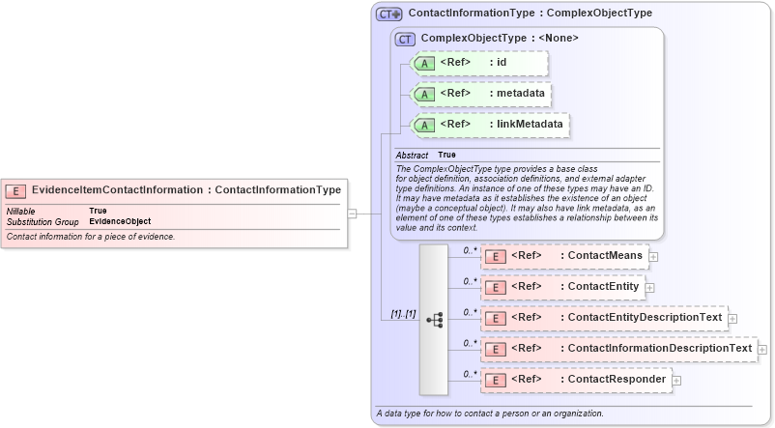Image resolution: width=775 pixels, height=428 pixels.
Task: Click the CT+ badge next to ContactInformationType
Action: (x=388, y=14)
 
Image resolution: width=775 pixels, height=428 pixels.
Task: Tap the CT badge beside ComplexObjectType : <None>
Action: (x=406, y=39)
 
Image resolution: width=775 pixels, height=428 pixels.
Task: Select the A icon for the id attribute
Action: (x=423, y=63)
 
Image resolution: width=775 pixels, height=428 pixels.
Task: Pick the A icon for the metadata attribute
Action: (x=423, y=94)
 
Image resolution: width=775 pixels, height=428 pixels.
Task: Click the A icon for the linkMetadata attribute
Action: (x=423, y=125)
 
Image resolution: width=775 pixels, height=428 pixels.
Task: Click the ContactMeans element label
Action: (x=600, y=256)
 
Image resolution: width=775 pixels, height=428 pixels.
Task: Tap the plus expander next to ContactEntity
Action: (x=649, y=287)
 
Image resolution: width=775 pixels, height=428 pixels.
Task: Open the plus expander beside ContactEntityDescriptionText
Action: (x=732, y=318)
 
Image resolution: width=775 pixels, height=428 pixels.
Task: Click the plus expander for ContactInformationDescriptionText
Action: (x=762, y=349)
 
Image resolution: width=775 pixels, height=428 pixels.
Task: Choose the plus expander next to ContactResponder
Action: (x=676, y=380)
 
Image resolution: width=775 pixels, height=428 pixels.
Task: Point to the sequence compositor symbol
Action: (x=434, y=319)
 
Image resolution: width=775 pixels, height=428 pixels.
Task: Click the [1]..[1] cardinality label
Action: (x=403, y=314)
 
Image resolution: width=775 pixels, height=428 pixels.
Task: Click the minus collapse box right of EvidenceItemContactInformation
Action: (x=353, y=214)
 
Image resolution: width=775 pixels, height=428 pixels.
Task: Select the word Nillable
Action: (x=21, y=211)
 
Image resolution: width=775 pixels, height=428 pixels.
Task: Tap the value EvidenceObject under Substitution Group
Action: (x=120, y=221)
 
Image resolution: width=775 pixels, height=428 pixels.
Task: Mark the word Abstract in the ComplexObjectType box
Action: (x=412, y=155)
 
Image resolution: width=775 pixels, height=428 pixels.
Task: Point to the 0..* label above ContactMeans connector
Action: (x=471, y=250)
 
